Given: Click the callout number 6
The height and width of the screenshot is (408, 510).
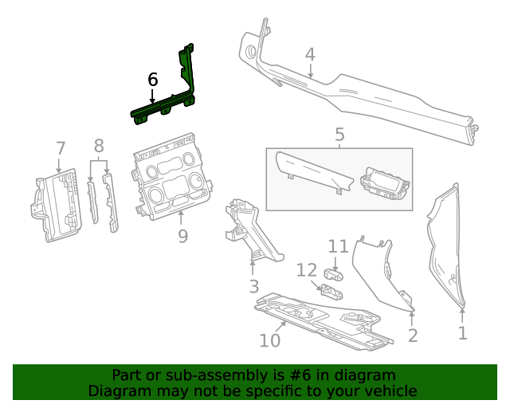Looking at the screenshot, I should [153, 80].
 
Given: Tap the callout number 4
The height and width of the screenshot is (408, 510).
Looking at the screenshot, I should [310, 54].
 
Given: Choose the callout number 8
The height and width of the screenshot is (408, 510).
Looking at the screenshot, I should [99, 146].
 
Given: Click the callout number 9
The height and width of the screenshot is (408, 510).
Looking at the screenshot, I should [182, 236].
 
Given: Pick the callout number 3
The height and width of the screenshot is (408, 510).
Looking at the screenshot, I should [253, 285].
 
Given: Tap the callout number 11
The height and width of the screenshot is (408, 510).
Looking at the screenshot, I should [339, 247].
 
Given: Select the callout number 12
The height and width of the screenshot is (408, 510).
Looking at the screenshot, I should [307, 271].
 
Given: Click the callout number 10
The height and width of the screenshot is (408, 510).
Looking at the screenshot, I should [270, 340].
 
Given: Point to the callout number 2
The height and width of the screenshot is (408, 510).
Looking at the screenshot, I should [413, 335].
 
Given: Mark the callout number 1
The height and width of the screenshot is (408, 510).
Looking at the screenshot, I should [462, 332].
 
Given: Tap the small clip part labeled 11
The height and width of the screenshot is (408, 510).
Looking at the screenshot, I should [335, 276].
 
